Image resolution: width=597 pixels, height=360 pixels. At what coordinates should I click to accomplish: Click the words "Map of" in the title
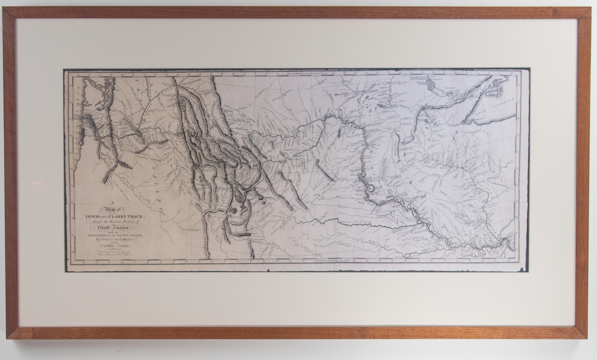tap(113, 208)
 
